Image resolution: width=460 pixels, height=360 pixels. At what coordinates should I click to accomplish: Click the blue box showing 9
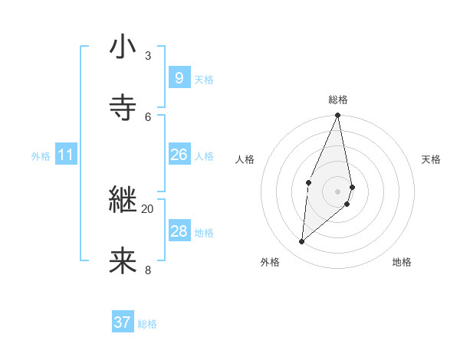pos(179,77)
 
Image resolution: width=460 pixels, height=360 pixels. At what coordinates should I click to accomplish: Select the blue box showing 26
pos(179,155)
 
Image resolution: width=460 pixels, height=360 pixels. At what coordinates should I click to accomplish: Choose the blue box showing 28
pos(179,231)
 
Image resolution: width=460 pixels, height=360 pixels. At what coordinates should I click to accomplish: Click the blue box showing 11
pos(65,155)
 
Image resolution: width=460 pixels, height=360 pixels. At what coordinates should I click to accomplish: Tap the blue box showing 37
pos(122,322)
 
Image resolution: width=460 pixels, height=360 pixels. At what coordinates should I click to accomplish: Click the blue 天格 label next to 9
pos(204,79)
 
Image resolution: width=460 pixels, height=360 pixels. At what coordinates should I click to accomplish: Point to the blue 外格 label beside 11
pos(41,156)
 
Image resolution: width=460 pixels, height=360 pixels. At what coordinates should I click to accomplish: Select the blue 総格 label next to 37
pos(147,324)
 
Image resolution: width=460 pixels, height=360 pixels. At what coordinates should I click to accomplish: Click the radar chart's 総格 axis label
pos(338,100)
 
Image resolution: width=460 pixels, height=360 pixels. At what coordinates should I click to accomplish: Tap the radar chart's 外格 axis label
pos(270,262)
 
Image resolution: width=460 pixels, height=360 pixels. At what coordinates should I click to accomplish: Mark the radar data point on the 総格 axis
pos(338,116)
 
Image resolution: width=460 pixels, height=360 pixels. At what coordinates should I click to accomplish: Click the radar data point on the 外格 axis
pos(302,241)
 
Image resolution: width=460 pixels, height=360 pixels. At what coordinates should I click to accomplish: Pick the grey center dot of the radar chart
pos(338,191)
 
